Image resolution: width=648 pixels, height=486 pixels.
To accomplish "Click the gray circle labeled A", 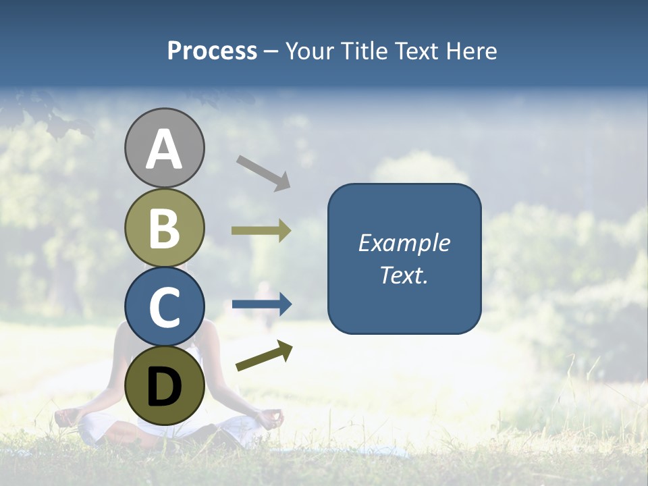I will coord(165,148).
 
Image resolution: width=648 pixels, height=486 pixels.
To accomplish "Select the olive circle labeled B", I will coord(165,227).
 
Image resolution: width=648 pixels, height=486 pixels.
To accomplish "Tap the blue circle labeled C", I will coord(165,306).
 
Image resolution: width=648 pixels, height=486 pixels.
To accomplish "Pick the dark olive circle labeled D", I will coord(165,385).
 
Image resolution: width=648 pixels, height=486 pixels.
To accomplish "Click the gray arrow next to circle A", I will coord(263,173).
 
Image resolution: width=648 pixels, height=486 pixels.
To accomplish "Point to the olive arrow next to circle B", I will coord(261,231).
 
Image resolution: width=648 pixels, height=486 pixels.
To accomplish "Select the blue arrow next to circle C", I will coord(261,304).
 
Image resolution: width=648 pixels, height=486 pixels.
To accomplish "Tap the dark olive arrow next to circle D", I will coord(264,356).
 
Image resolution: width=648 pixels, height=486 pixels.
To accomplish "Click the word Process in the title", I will coord(212,51).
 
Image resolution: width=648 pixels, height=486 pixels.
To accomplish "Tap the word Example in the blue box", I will coord(404,243).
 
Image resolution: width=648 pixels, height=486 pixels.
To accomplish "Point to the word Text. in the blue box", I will coord(404,275).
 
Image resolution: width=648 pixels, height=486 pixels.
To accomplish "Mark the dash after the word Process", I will coord(271,52).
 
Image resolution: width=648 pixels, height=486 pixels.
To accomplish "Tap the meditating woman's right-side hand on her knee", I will coord(270,418).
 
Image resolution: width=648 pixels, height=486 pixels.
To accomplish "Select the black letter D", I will coord(165,387).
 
